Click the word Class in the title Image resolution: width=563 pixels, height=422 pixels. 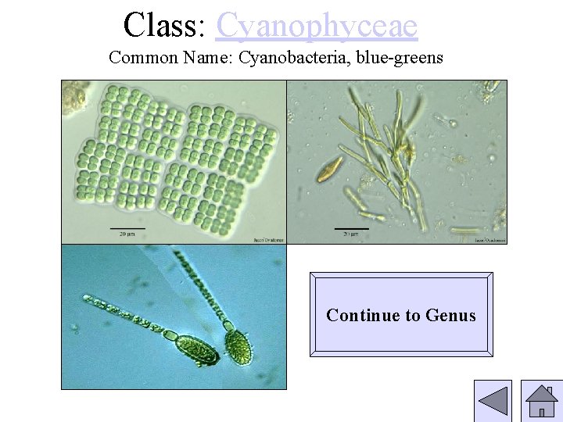coord(161,25)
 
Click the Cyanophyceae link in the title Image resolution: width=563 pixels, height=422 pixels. coord(317,25)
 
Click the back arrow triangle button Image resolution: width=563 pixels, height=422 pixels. coord(493,402)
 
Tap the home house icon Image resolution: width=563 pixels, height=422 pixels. coord(541,402)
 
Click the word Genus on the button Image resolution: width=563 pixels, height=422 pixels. coord(450,316)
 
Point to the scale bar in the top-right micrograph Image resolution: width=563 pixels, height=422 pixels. coord(351,229)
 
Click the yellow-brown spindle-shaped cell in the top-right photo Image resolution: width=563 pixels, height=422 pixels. coord(328,170)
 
